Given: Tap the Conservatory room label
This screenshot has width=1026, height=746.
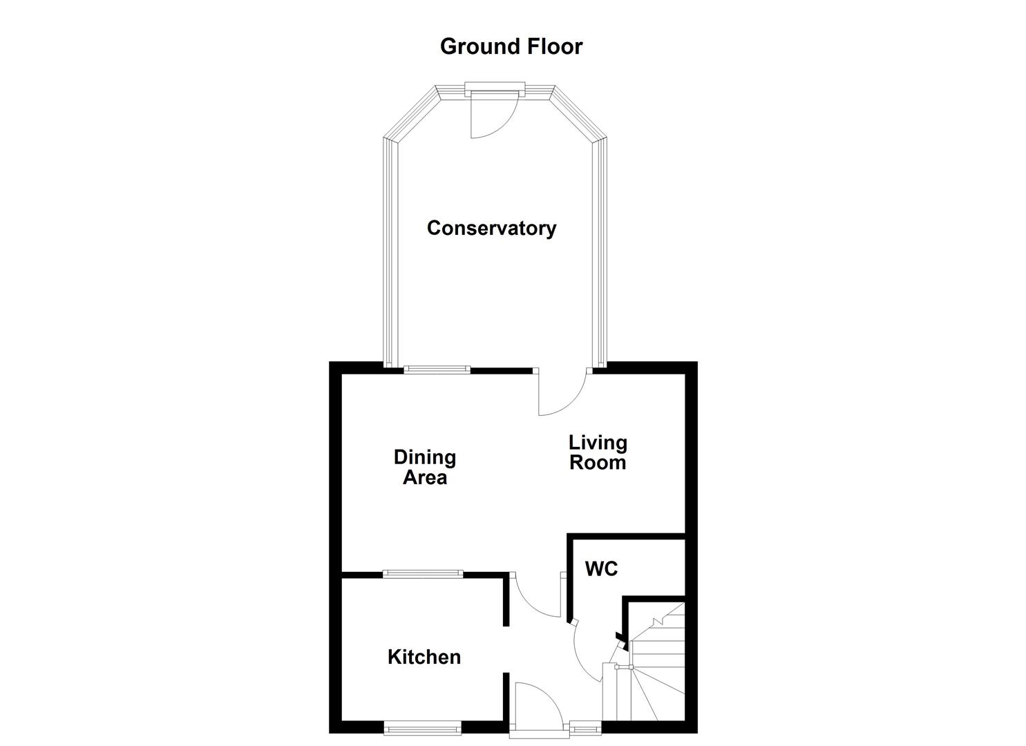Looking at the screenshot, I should [x=491, y=228].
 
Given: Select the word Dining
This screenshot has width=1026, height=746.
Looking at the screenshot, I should [x=424, y=457].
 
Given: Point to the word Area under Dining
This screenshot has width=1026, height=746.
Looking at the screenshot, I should [x=424, y=477].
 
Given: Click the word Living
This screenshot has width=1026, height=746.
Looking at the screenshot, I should [x=598, y=442].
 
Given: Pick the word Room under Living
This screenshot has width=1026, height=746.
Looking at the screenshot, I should [x=598, y=462].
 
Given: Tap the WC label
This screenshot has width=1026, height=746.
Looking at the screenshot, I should [x=601, y=569].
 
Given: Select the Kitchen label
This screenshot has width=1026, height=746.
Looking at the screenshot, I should [x=424, y=657].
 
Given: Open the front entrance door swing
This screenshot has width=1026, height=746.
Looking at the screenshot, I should [x=535, y=705].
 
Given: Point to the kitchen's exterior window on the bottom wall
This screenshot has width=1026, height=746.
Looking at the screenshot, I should [x=422, y=727].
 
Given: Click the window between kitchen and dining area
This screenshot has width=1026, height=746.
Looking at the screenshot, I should [x=422, y=573].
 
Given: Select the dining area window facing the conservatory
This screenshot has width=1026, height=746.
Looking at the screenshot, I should [x=437, y=370].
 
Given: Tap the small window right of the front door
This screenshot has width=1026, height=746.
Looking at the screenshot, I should [x=585, y=727].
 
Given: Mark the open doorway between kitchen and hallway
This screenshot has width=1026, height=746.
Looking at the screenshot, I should [x=506, y=649].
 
